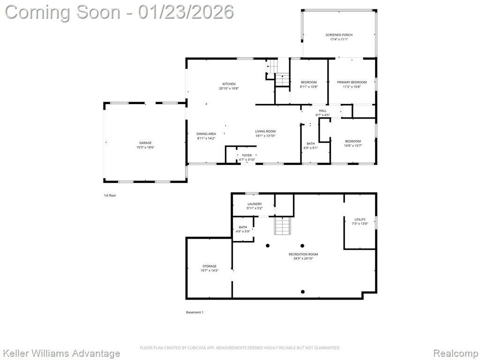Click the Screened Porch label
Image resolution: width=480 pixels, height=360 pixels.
(x=339, y=35)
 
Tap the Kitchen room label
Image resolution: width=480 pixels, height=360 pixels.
(x=229, y=84)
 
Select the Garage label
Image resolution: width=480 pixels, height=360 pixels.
(x=145, y=143)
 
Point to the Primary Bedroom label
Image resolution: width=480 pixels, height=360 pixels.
(x=352, y=82)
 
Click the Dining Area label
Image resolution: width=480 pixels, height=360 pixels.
(x=206, y=134)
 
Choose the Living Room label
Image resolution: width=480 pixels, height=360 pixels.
(x=265, y=131)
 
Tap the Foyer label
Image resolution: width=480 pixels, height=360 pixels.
(x=247, y=156)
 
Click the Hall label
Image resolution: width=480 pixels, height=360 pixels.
(x=322, y=111)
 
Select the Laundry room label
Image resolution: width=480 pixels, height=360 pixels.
(x=255, y=204)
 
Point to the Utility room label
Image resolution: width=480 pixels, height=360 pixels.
(x=360, y=219)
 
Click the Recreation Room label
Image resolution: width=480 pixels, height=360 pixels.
(x=303, y=255)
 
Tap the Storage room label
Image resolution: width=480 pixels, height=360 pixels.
(x=210, y=266)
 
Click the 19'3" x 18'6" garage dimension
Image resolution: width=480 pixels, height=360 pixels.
(x=145, y=147)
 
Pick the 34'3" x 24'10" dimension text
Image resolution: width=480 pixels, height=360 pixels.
(x=303, y=258)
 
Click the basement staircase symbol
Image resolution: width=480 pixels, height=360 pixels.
(x=282, y=225)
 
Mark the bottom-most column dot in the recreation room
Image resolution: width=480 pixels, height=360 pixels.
(x=303, y=292)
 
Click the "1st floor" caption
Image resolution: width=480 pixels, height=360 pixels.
(x=110, y=195)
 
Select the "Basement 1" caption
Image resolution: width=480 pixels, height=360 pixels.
(x=195, y=312)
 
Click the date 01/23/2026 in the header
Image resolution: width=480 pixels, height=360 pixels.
(x=186, y=12)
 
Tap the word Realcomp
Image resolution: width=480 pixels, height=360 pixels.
(x=456, y=353)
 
